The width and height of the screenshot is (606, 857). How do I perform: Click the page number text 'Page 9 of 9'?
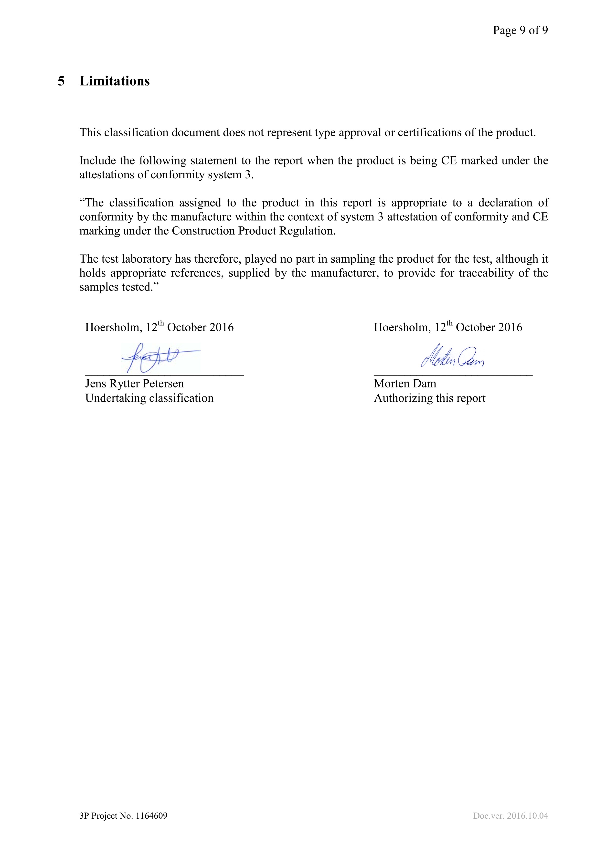[x=520, y=30]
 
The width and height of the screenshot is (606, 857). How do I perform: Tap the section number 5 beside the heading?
[x=61, y=81]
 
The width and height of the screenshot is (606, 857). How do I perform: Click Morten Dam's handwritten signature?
[x=452, y=356]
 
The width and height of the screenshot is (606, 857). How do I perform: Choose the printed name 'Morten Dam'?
[x=405, y=384]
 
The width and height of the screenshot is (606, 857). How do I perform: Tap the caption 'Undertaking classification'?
[x=149, y=398]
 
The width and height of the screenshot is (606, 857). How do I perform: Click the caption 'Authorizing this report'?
[x=429, y=398]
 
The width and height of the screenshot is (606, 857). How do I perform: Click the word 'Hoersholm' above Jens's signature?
[x=112, y=327]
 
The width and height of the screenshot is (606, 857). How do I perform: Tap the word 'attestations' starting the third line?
[x=107, y=175]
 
